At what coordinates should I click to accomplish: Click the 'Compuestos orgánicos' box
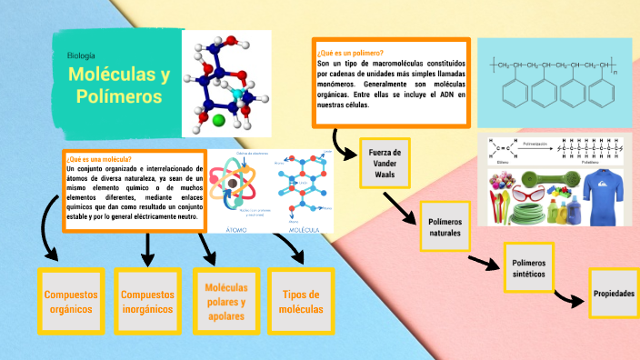pos(71,301)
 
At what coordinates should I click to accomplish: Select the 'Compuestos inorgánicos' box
pos(147,301)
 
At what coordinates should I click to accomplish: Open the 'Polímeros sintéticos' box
pos(528,265)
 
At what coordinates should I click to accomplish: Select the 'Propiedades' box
pos(614,294)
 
